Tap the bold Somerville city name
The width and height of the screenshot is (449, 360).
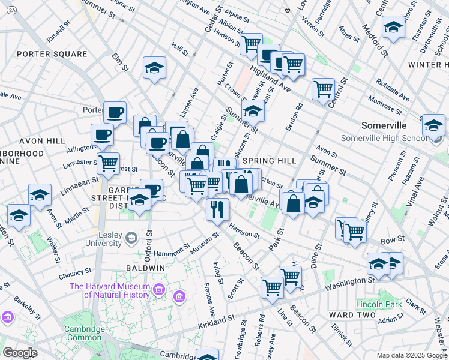click(384, 126)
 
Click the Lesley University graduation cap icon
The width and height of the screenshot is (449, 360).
click(130, 239)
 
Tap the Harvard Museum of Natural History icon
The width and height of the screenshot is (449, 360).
click(159, 290)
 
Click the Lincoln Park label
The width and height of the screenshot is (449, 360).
click(378, 304)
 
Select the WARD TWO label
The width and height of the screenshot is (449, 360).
click(352, 314)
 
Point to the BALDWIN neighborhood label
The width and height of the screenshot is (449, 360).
click(142, 267)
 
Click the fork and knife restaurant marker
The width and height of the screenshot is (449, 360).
click(217, 210)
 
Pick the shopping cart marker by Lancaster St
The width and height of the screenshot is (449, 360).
click(108, 163)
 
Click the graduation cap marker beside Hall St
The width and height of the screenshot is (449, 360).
click(154, 68)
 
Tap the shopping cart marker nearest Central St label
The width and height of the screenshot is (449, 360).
click(323, 89)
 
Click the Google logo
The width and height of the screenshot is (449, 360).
click(20, 353)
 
